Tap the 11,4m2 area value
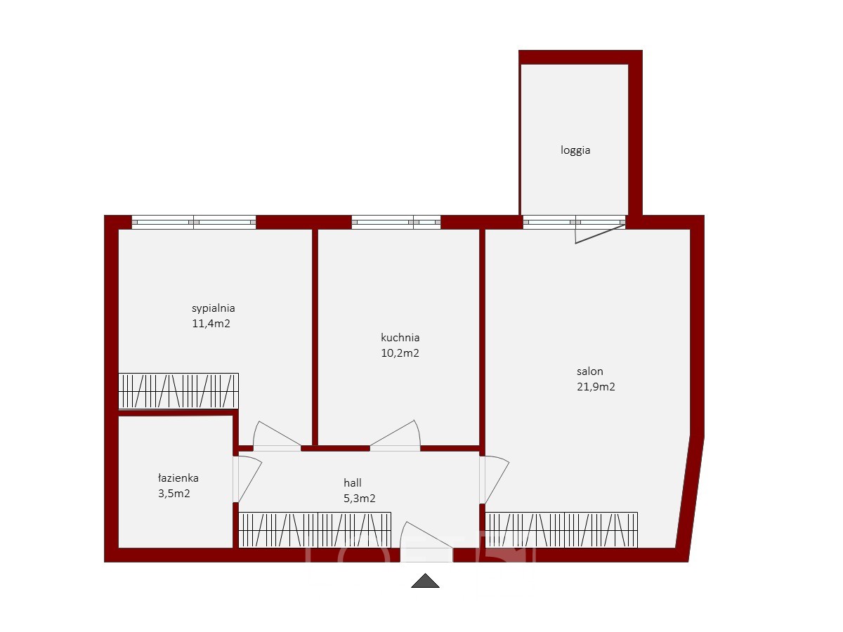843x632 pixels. click(x=211, y=324)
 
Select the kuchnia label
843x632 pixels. click(x=400, y=338)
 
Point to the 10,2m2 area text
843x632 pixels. click(x=400, y=353)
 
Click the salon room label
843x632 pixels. click(x=589, y=371)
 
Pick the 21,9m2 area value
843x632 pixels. click(x=596, y=387)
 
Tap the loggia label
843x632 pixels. click(x=575, y=150)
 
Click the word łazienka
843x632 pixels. click(x=178, y=478)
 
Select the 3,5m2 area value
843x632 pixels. click(x=174, y=494)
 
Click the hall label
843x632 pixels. click(x=352, y=482)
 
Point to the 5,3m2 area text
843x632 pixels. click(x=359, y=499)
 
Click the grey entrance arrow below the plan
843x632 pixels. click(x=425, y=581)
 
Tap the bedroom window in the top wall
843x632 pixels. click(x=194, y=222)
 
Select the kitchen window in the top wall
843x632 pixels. click(x=396, y=222)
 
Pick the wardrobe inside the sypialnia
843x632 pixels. click(x=178, y=390)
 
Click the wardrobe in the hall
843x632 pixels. click(x=315, y=530)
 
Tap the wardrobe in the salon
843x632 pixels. click(x=561, y=530)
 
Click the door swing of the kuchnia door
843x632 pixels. click(x=396, y=435)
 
